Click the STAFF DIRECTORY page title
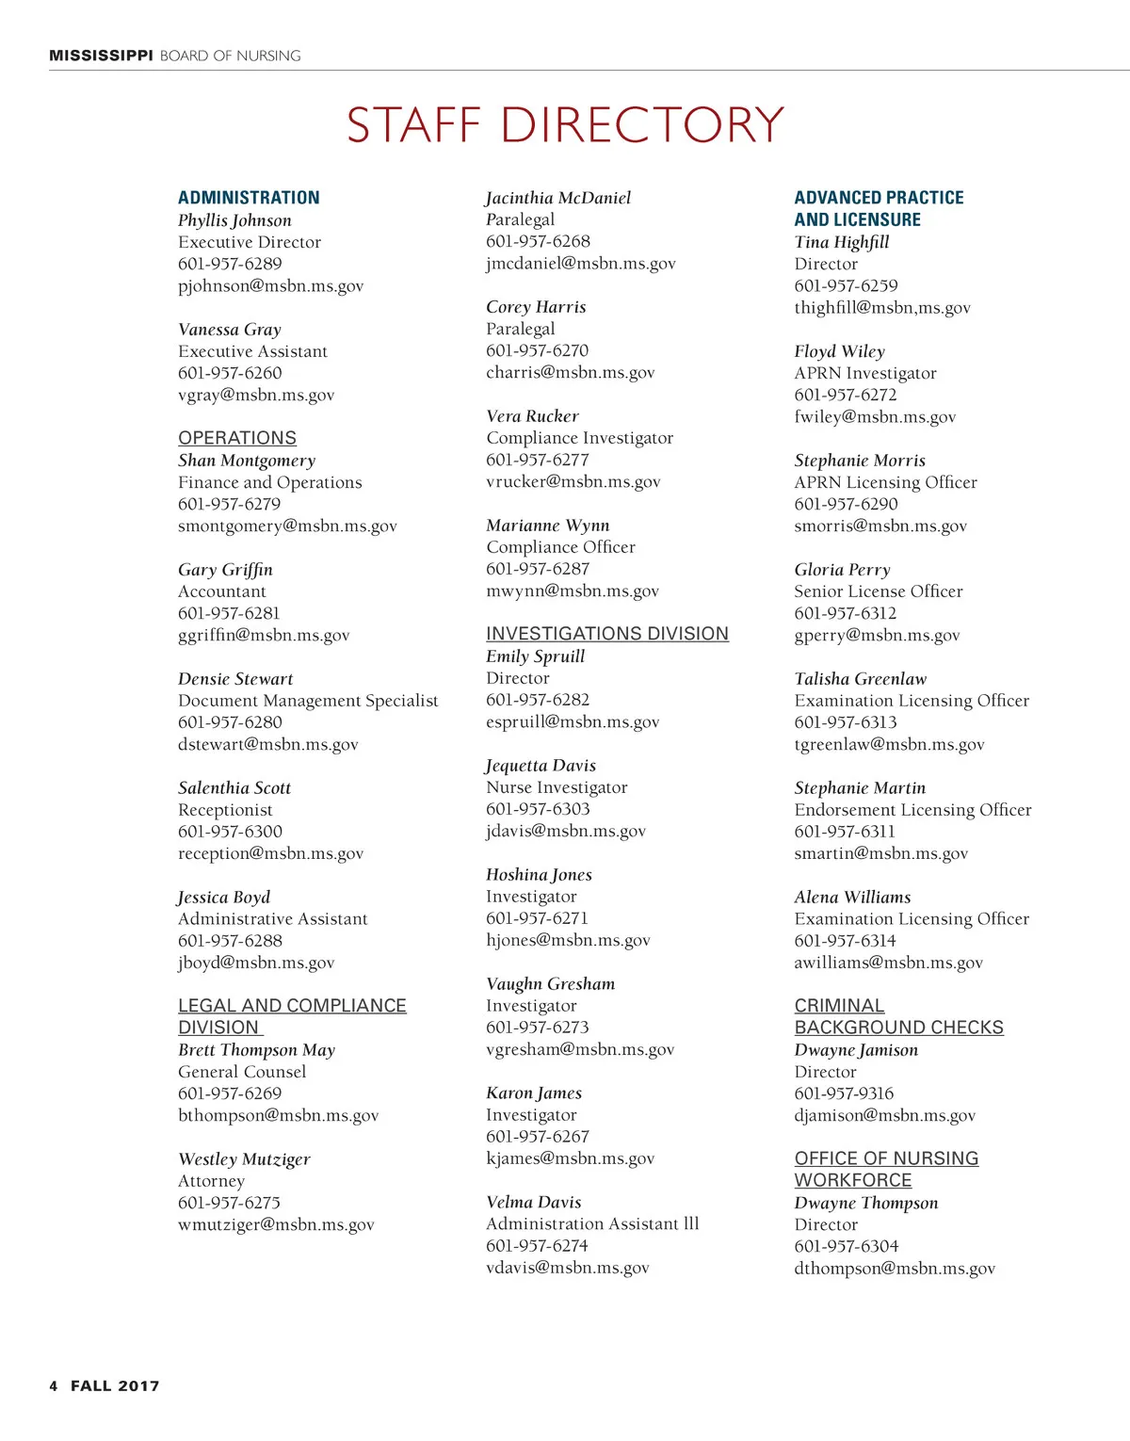click(565, 125)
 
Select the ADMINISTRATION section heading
click(249, 198)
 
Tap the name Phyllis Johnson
click(234, 220)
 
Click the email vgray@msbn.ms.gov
click(256, 396)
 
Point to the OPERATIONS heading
click(237, 438)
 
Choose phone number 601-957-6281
click(229, 613)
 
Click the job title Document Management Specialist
click(308, 701)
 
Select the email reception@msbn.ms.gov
click(270, 853)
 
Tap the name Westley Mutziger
click(244, 1159)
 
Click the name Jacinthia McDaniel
click(558, 198)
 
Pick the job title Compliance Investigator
click(579, 438)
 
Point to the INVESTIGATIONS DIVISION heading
click(607, 634)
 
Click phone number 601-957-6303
click(538, 809)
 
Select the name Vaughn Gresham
click(550, 984)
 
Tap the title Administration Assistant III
click(592, 1223)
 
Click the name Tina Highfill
click(841, 242)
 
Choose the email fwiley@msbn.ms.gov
click(875, 416)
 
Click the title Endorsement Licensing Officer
click(912, 810)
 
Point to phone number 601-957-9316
click(844, 1093)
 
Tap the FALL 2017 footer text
click(115, 1385)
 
